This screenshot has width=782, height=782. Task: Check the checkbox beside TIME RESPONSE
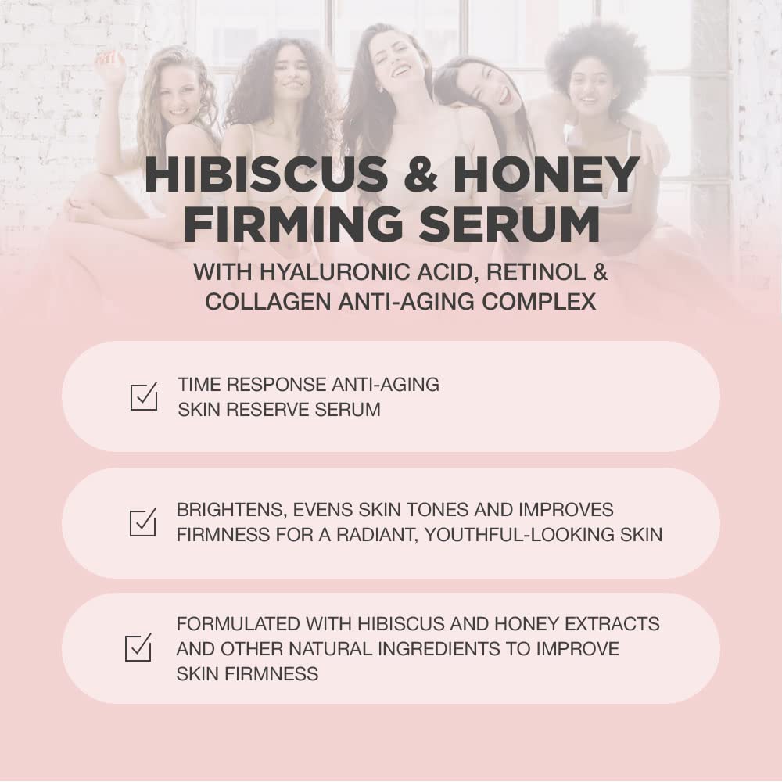point(143,396)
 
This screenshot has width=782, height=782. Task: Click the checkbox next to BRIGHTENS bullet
point(143,522)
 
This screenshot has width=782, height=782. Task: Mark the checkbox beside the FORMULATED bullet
point(138,647)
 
